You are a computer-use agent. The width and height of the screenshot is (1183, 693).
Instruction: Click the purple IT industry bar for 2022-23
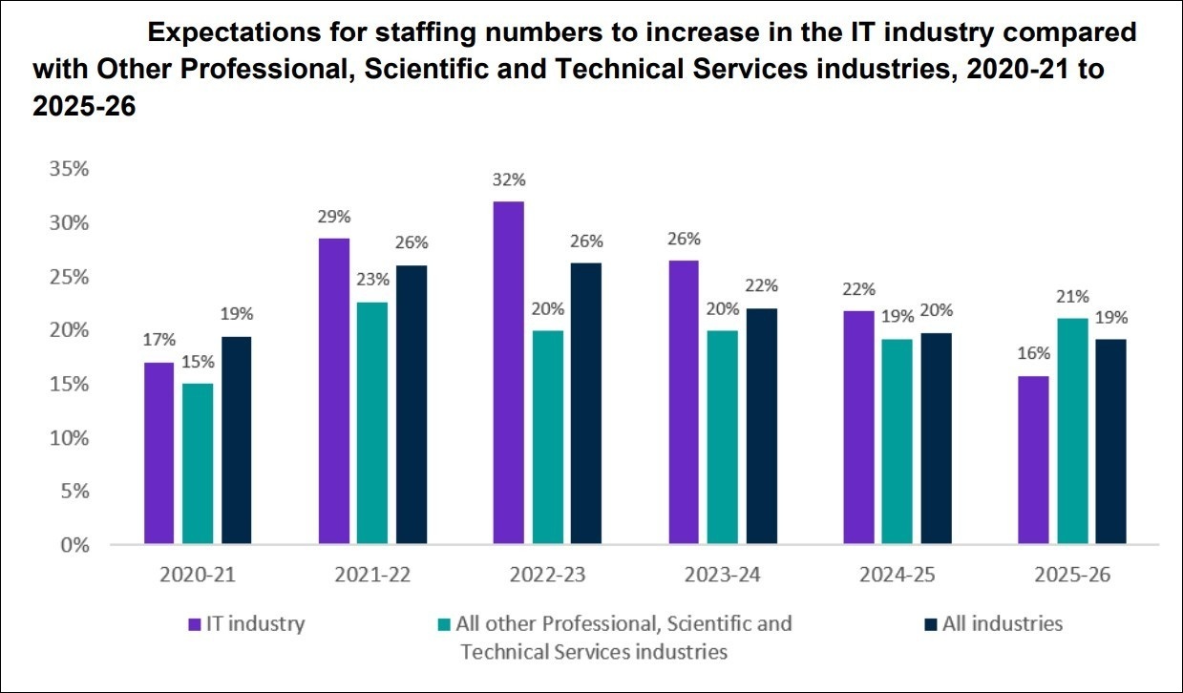(509, 372)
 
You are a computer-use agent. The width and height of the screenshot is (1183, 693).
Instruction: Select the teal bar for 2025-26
(1072, 430)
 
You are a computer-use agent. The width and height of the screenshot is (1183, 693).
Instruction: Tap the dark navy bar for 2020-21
(237, 440)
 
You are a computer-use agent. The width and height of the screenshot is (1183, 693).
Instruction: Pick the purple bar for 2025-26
(1033, 460)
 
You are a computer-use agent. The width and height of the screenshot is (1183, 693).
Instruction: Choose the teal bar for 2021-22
(372, 423)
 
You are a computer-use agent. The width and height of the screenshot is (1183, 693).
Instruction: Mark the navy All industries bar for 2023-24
(762, 426)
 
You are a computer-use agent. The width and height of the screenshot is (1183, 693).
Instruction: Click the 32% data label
(509, 180)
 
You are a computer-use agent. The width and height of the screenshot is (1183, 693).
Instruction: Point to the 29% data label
(334, 217)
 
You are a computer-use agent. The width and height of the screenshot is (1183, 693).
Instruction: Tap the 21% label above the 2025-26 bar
(1072, 297)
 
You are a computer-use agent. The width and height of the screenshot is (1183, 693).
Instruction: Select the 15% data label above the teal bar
(198, 362)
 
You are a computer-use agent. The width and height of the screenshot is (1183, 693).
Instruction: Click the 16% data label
(1033, 353)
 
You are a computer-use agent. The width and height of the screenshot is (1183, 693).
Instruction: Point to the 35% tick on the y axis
(69, 169)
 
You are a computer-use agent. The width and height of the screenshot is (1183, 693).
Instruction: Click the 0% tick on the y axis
(75, 545)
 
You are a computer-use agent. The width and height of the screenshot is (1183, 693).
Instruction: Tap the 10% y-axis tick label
(69, 437)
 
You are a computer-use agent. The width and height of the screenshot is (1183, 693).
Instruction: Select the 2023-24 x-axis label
(723, 575)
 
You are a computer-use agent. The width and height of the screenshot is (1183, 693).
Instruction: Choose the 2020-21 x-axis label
(198, 575)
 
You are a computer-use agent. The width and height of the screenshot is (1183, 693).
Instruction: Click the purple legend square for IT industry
(195, 624)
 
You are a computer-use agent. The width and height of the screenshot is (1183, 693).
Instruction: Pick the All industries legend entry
(994, 624)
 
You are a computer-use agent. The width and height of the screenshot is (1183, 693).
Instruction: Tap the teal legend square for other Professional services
(444, 624)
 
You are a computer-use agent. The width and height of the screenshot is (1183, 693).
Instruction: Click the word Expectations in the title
(234, 32)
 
